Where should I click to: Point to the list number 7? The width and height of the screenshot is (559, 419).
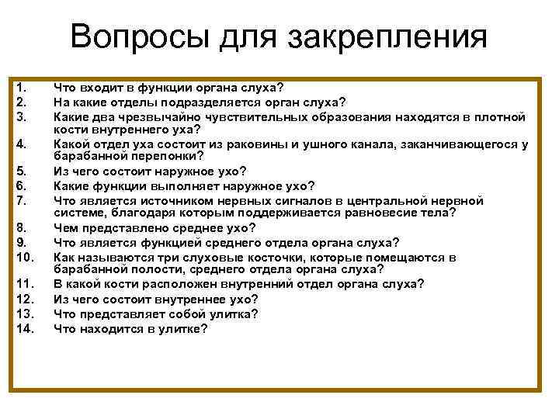[21, 199]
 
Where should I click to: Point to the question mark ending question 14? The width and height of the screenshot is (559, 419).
[204, 328]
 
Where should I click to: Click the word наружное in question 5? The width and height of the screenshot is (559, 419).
[171, 171]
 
